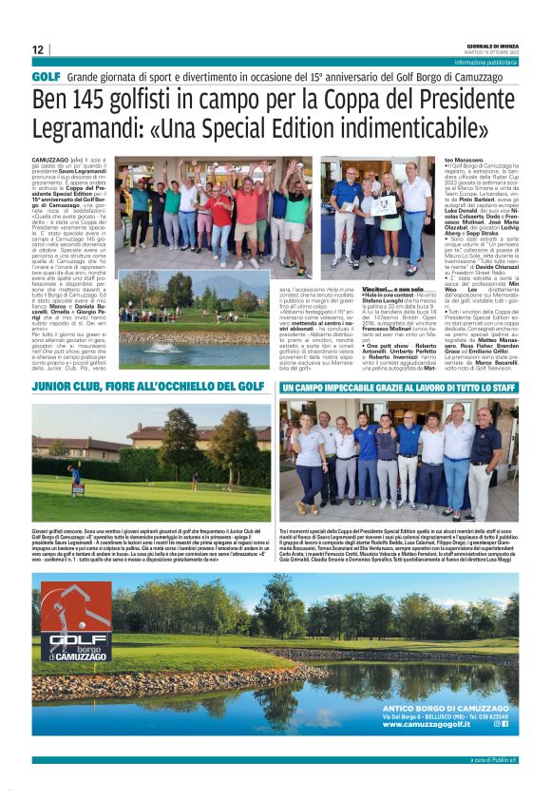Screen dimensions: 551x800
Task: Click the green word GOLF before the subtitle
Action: (46, 75)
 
